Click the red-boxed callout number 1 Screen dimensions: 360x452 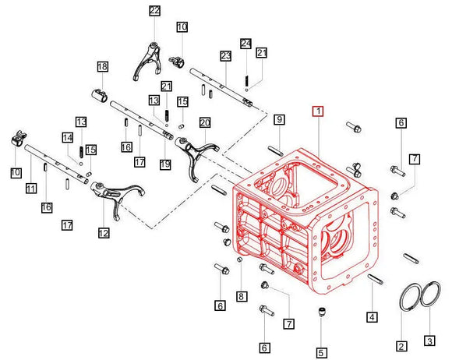click(x=316, y=111)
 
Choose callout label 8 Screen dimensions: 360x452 click(x=242, y=296)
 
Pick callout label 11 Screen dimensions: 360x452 click(x=31, y=189)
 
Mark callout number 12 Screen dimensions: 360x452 click(x=103, y=232)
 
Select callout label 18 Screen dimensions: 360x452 click(x=102, y=68)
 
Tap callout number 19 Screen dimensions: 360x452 click(x=164, y=164)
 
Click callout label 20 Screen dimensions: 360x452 click(x=205, y=122)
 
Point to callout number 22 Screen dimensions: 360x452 click(x=154, y=10)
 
